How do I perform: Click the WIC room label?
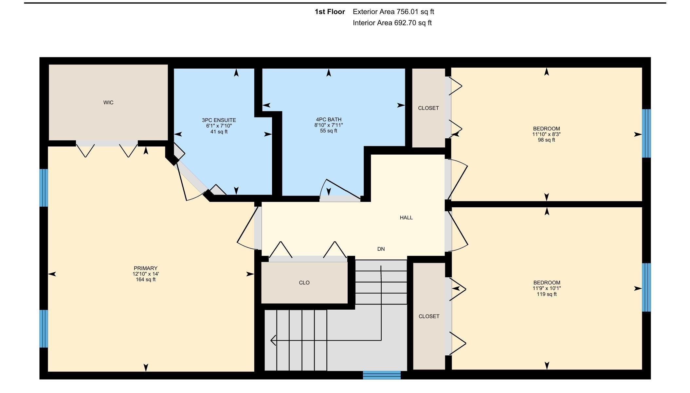point(108,103)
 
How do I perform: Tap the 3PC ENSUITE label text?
point(219,120)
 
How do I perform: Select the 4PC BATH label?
point(329,120)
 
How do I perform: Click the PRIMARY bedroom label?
point(146,268)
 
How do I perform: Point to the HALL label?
point(406,218)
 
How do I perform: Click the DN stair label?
point(381,249)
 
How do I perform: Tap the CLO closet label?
point(304,283)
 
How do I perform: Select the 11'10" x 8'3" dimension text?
point(546,134)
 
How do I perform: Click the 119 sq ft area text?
point(547,294)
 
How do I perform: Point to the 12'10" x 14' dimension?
point(146,274)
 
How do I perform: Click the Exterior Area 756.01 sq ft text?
point(393,12)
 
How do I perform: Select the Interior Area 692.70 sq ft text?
point(392,23)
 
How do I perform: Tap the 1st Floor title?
point(330,12)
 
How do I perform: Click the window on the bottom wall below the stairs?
point(382,375)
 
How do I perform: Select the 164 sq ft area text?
point(146,280)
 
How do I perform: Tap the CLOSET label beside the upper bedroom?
point(428,108)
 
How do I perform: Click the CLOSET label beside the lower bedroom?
point(429,316)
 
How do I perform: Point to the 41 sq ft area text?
point(219,132)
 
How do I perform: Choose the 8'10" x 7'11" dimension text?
point(329,125)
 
